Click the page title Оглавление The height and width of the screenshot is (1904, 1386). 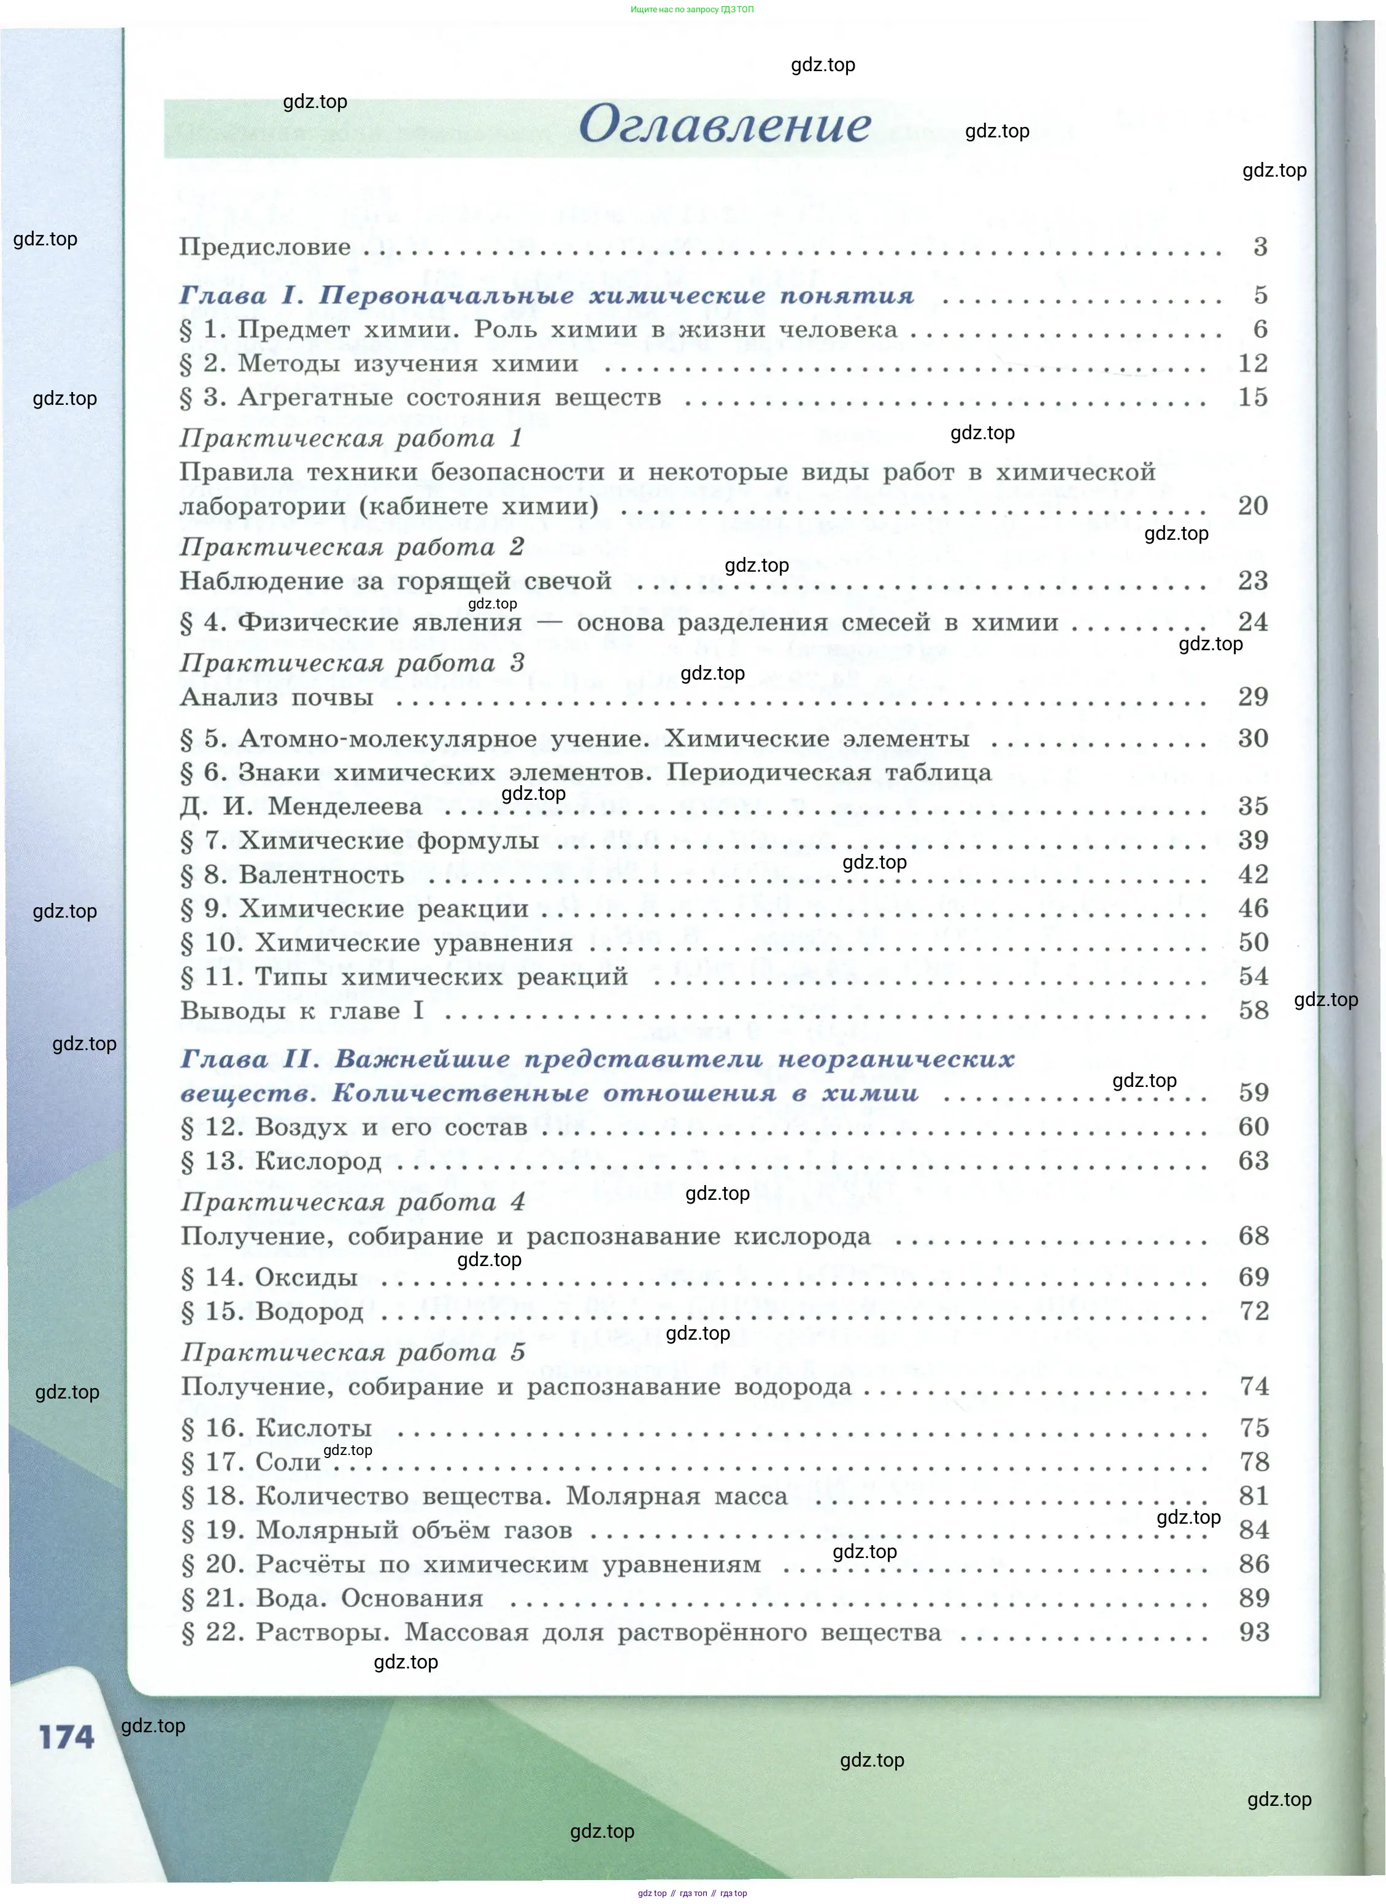725,125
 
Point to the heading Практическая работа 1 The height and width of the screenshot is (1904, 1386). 350,438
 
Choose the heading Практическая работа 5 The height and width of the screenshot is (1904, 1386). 353,1353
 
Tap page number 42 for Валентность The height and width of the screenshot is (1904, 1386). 1252,875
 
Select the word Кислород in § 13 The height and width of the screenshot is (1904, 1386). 318,1162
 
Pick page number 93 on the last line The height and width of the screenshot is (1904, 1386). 1253,1632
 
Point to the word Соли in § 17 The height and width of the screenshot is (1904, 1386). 288,1462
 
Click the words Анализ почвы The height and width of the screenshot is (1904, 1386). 276,697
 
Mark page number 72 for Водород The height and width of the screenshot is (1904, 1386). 1253,1311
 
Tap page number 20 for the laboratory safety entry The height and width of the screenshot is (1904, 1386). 1252,505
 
